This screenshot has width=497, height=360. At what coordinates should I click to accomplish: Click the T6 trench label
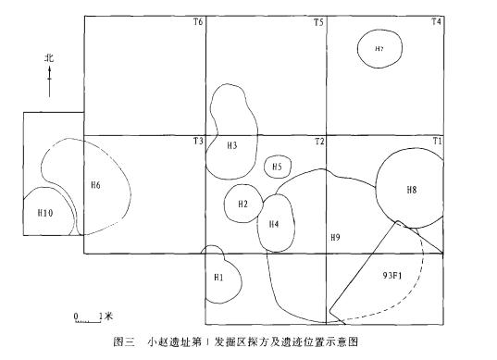pyautogui.click(x=197, y=22)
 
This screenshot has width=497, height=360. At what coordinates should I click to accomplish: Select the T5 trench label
pyautogui.click(x=318, y=22)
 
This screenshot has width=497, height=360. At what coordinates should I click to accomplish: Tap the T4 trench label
pyautogui.click(x=436, y=22)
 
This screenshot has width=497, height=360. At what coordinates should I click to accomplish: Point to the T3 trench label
pyautogui.click(x=197, y=141)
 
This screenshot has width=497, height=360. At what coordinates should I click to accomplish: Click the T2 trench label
pyautogui.click(x=318, y=141)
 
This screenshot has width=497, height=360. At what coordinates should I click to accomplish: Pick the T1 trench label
pyautogui.click(x=436, y=141)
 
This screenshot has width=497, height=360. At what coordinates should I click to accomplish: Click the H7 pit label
pyautogui.click(x=379, y=48)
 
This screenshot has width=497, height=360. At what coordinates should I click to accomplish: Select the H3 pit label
pyautogui.click(x=231, y=145)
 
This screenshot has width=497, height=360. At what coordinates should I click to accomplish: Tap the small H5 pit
pyautogui.click(x=276, y=167)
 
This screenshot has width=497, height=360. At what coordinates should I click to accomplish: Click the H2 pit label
pyautogui.click(x=242, y=204)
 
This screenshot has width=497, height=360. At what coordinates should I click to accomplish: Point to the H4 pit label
pyautogui.click(x=274, y=225)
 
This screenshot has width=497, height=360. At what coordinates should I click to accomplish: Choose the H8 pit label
pyautogui.click(x=412, y=190)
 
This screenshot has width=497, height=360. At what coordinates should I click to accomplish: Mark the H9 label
pyautogui.click(x=336, y=239)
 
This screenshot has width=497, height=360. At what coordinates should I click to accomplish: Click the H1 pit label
pyautogui.click(x=218, y=277)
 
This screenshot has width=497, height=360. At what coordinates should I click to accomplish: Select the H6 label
pyautogui.click(x=95, y=185)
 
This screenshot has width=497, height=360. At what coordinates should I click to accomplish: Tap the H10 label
pyautogui.click(x=44, y=213)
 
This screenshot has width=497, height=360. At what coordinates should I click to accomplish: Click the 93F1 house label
pyautogui.click(x=392, y=276)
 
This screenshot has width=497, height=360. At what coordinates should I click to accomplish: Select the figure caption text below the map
pyautogui.click(x=246, y=341)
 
